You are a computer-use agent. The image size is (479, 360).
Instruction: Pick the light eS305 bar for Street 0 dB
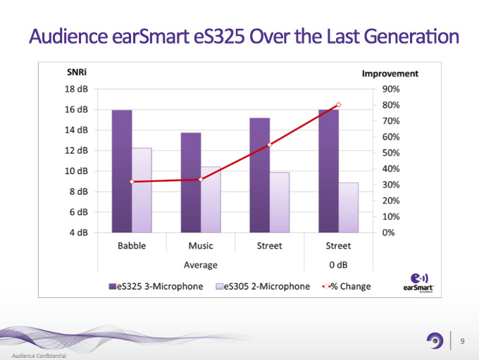coord(348,207)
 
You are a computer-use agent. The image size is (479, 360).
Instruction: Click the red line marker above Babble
coord(132,182)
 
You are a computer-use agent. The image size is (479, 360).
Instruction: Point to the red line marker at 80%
coord(338,105)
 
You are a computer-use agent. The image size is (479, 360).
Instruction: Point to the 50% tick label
coord(391,153)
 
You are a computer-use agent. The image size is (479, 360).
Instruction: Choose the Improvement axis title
coord(390,73)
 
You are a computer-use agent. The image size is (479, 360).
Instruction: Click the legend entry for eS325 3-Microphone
coord(156,287)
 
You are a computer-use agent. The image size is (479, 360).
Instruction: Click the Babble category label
coord(132,246)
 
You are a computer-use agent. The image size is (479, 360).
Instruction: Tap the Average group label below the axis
coord(201,265)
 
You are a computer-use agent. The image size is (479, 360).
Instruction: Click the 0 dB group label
coord(338,265)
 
